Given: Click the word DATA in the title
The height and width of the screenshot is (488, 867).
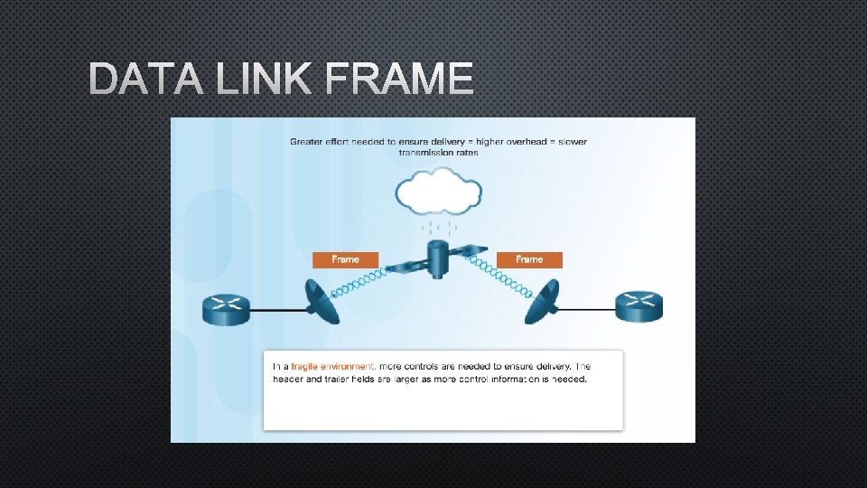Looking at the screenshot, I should [x=145, y=80].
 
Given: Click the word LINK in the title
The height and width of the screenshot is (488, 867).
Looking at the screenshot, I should [x=262, y=80].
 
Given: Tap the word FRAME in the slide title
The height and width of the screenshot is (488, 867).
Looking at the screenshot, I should [x=397, y=80].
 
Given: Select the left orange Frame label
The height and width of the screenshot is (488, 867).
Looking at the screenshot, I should [x=345, y=259].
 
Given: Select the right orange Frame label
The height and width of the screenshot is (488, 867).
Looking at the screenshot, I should [x=529, y=259].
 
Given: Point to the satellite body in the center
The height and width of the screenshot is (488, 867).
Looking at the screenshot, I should [x=439, y=259].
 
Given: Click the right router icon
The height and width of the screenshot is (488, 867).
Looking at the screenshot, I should [x=639, y=307].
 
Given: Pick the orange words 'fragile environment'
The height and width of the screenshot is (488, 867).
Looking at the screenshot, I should [x=332, y=366].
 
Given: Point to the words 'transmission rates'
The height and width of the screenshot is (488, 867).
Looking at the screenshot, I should [x=438, y=153].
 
